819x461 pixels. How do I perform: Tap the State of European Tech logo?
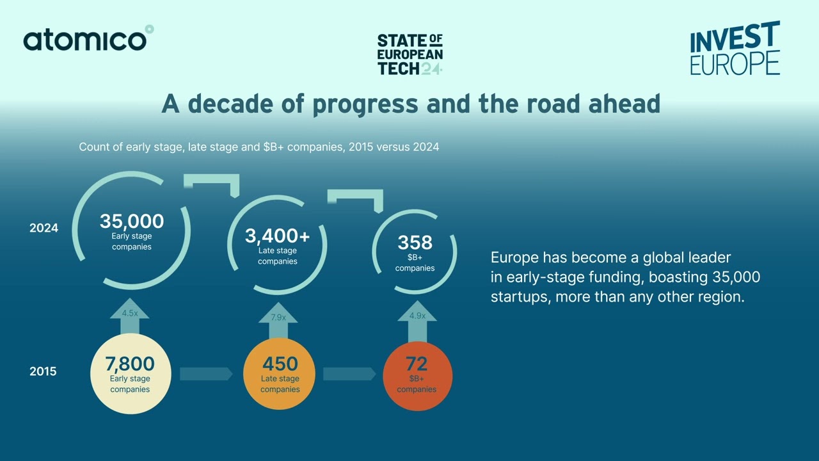[409, 55]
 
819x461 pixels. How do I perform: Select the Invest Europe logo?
[735, 49]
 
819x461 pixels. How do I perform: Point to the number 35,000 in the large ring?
[132, 222]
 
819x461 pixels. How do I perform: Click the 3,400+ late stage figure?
[278, 236]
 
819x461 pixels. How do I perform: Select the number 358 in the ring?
[415, 243]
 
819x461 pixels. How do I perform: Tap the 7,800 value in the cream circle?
[130, 364]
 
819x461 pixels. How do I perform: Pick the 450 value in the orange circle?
[280, 364]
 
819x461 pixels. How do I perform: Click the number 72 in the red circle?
[417, 364]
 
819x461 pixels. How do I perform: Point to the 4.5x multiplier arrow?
[130, 315]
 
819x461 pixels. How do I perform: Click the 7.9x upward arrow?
[278, 319]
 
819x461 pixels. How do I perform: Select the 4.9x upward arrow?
[417, 317]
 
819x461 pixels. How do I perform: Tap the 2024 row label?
[44, 228]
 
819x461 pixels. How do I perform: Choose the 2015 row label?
[43, 371]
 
